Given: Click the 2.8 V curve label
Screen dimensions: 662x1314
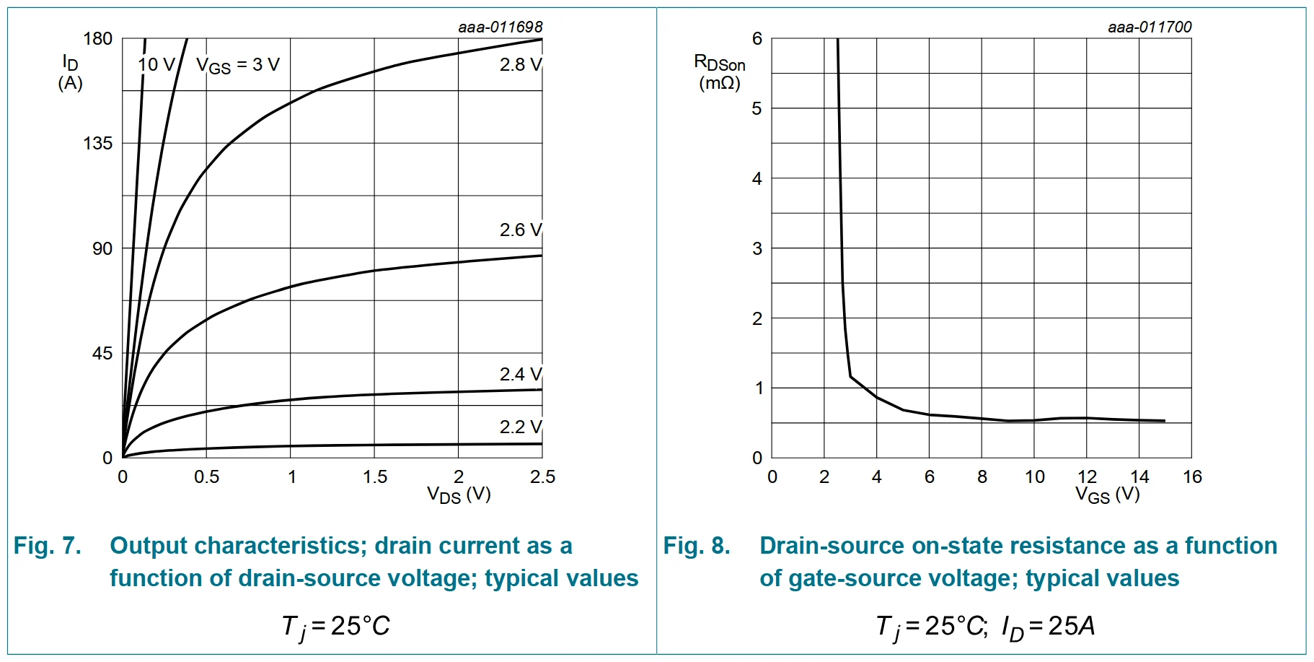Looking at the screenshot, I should pos(520,65).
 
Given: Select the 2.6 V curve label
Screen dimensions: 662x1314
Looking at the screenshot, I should pos(520,230).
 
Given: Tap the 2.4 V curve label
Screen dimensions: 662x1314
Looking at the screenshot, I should pos(520,375).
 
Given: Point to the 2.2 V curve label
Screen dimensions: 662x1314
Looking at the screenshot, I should pos(520,427).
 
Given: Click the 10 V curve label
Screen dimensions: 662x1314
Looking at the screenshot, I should pos(156,65).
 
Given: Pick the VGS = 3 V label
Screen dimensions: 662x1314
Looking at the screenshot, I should pos(237,66).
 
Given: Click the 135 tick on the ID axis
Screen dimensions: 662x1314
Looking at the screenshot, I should pos(98,144).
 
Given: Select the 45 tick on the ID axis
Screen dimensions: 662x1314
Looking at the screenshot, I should pos(102,354).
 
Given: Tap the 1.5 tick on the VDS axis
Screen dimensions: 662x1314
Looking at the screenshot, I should pos(375,477).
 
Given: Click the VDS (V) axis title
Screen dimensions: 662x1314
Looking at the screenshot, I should pos(459,495).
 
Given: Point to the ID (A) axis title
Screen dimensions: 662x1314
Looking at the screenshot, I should pos(70,72).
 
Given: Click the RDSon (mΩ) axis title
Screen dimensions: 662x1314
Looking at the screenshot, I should pos(719,72).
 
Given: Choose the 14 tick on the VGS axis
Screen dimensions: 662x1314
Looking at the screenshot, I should pos(1139,477).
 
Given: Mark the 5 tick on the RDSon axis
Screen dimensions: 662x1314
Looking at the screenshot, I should pos(757,109).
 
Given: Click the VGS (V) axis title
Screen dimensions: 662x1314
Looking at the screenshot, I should pos(1107,495).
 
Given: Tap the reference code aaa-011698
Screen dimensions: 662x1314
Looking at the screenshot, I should pos(500,27).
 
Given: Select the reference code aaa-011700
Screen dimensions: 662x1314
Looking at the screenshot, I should pos(1150,27).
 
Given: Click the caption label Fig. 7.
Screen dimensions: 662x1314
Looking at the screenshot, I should pos(47,546).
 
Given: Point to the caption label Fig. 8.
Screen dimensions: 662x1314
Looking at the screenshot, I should pos(697,546).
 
